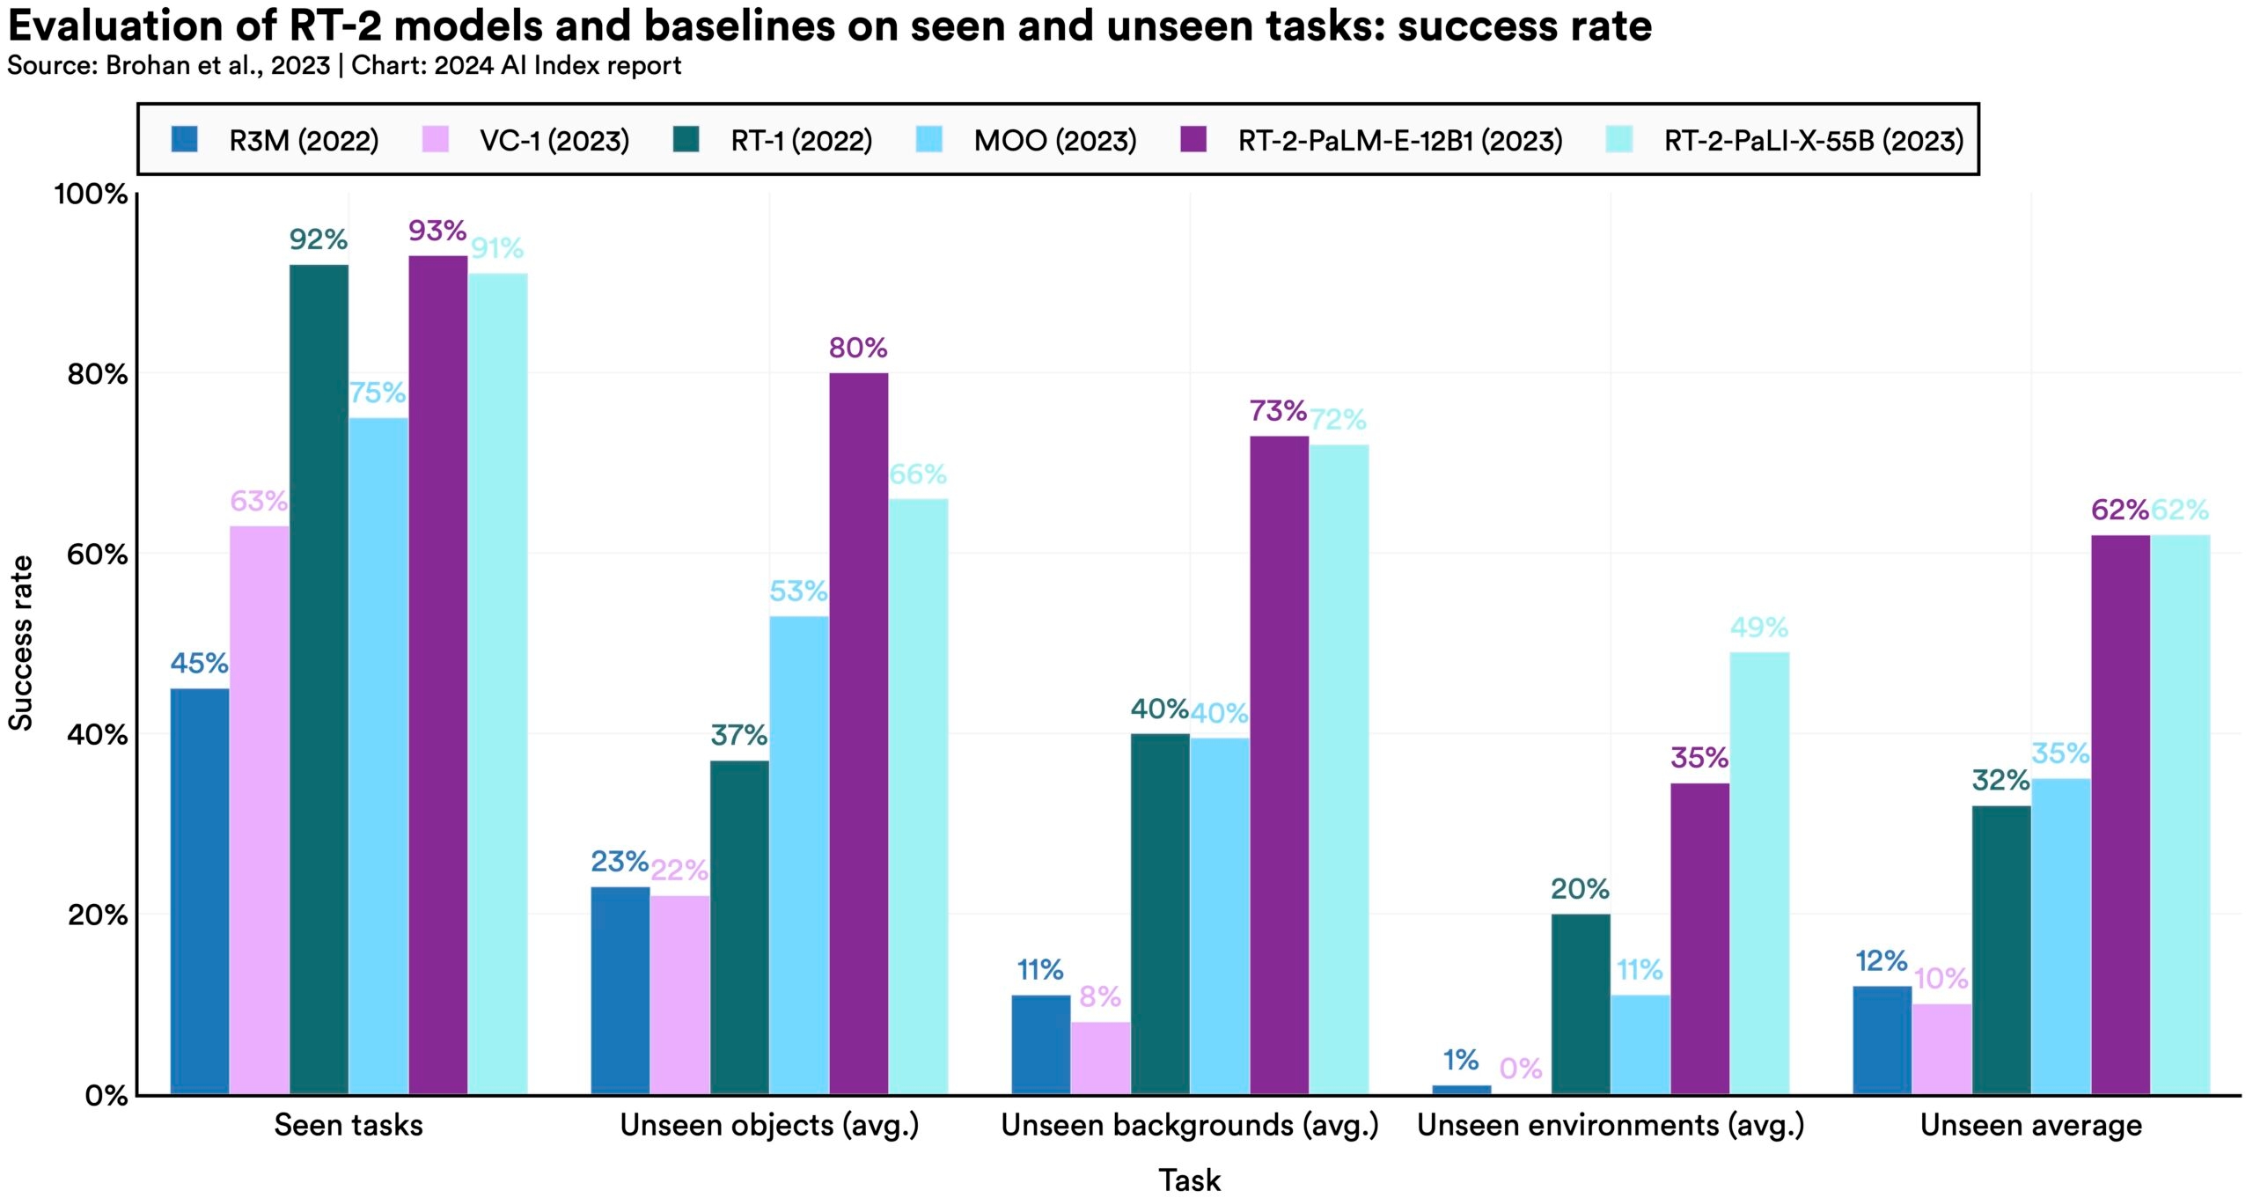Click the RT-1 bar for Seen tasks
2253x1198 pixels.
(319, 679)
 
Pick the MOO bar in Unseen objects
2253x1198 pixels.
(799, 855)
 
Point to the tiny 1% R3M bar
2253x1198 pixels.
(1462, 1090)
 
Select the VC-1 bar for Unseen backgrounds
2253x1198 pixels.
(1100, 1058)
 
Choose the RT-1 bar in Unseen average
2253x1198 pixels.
(2001, 950)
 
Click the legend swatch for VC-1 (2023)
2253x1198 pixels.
(435, 140)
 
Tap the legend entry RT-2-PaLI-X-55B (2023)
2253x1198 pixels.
(1814, 141)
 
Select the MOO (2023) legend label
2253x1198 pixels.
(1055, 141)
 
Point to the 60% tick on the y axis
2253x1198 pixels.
(98, 555)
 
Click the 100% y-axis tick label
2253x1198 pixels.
(92, 194)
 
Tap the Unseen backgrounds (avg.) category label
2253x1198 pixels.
(1190, 1125)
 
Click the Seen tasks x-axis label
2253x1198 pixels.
(349, 1125)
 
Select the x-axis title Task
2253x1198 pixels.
(1189, 1180)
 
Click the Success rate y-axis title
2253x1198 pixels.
(21, 643)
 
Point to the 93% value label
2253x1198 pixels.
(437, 231)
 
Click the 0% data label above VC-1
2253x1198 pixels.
(1521, 1069)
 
